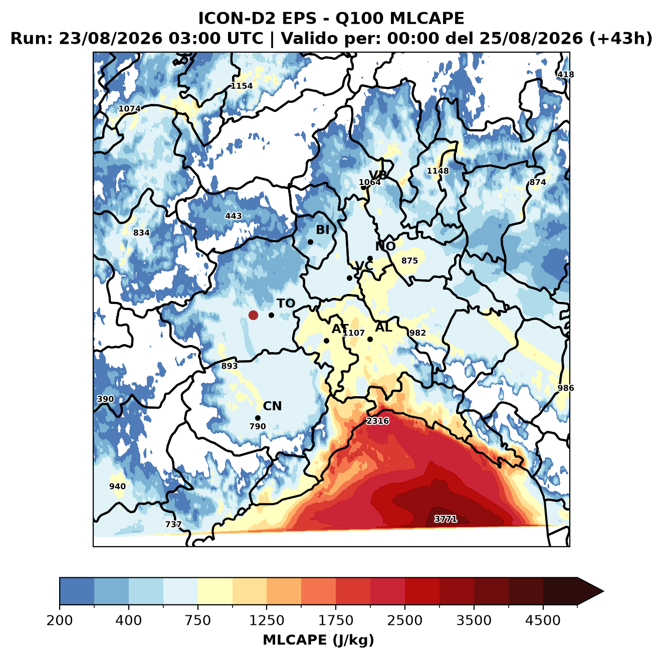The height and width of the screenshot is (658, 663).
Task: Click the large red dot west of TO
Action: pyautogui.click(x=253, y=315)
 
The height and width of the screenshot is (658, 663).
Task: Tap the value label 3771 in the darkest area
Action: pyautogui.click(x=446, y=519)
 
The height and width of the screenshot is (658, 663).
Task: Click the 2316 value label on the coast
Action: pyautogui.click(x=377, y=421)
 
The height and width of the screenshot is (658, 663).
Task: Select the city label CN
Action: pyautogui.click(x=272, y=406)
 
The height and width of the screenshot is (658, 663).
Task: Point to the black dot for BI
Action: pyautogui.click(x=310, y=242)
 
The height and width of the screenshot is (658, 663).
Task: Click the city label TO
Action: pyautogui.click(x=286, y=303)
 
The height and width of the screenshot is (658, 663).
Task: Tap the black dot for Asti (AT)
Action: pyautogui.click(x=326, y=341)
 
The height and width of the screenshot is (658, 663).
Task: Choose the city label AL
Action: pyautogui.click(x=383, y=327)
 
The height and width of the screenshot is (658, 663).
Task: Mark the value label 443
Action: pyautogui.click(x=233, y=216)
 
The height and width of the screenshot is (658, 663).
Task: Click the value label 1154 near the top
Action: pyautogui.click(x=242, y=86)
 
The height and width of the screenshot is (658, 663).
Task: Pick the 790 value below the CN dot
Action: pyautogui.click(x=258, y=426)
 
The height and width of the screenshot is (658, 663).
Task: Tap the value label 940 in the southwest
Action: pyautogui.click(x=117, y=486)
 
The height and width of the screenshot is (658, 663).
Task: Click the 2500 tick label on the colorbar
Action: pyautogui.click(x=404, y=620)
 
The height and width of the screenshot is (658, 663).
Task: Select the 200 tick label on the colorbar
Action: pyautogui.click(x=60, y=620)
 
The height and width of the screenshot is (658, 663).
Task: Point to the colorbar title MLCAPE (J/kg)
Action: pyautogui.click(x=318, y=640)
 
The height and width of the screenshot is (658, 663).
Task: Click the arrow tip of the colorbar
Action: pyautogui.click(x=603, y=591)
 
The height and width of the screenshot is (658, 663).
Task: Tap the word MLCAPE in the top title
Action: pyautogui.click(x=426, y=18)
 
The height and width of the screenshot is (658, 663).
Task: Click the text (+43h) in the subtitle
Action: pyautogui.click(x=620, y=39)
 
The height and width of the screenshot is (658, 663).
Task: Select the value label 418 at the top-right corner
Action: pyautogui.click(x=565, y=74)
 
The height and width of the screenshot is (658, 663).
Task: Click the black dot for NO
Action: pyautogui.click(x=370, y=259)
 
